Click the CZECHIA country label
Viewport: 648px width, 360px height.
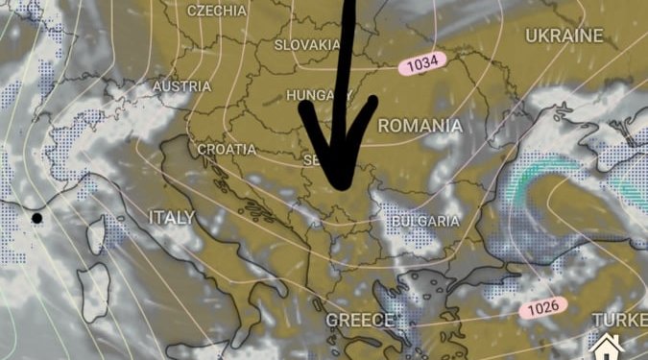[218, 11]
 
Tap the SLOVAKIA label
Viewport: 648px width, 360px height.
[307, 45]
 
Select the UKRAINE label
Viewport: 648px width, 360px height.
[564, 36]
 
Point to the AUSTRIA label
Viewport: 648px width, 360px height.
[181, 87]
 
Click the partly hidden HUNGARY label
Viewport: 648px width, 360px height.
[310, 96]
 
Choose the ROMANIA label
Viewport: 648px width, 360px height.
[420, 126]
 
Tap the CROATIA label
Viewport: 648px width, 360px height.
[227, 150]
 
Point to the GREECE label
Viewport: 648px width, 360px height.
[360, 320]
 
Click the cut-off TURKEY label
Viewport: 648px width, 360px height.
[619, 319]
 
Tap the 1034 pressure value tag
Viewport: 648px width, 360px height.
[422, 64]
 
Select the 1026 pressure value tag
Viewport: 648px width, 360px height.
[542, 309]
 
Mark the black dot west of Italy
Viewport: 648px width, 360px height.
[36, 219]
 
